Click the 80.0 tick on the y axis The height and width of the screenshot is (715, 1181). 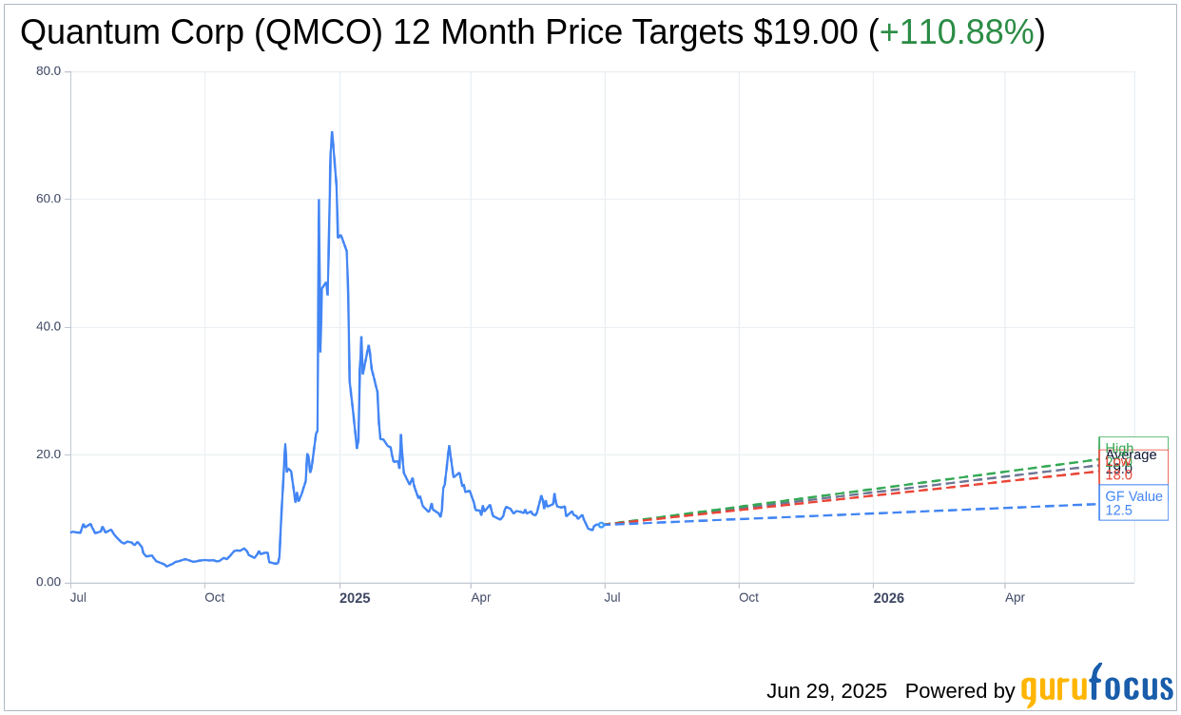[x=48, y=70]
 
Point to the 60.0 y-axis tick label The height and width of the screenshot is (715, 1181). [x=48, y=199]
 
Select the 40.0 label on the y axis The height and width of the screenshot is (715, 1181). [x=48, y=326]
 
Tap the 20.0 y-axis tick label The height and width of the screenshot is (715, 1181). [x=48, y=454]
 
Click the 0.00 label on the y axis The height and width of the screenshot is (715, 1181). [x=48, y=582]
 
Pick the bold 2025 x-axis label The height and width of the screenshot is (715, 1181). [x=355, y=598]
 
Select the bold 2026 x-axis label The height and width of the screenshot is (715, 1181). [x=888, y=598]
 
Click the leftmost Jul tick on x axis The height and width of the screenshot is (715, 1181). [x=78, y=597]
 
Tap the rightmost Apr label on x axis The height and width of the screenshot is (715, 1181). [x=1015, y=597]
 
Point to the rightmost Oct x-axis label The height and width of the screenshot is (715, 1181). [x=748, y=597]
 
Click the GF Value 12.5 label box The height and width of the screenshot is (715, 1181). [x=1133, y=503]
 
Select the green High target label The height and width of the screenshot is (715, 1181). [x=1119, y=447]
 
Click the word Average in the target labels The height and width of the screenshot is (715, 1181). [x=1131, y=454]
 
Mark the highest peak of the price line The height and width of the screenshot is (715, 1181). [x=332, y=132]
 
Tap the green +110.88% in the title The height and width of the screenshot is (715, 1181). [x=956, y=32]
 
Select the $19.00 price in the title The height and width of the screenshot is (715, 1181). [x=805, y=32]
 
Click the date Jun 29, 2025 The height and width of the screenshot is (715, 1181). [x=826, y=690]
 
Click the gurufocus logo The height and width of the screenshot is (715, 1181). [x=1096, y=686]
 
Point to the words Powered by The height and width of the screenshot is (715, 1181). [x=959, y=690]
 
